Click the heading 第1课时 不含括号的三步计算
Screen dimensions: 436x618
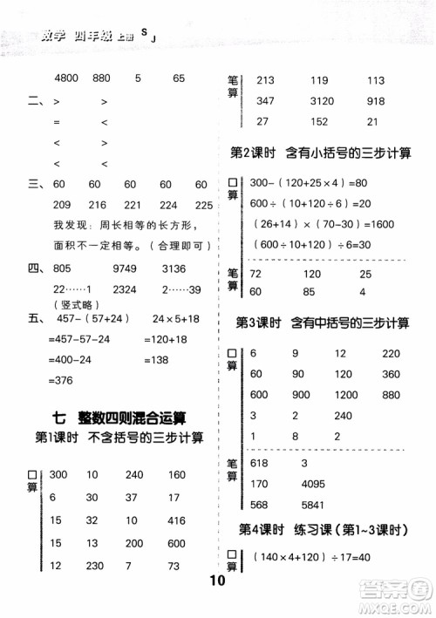click(x=119, y=438)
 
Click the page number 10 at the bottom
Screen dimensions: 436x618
click(x=218, y=603)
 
